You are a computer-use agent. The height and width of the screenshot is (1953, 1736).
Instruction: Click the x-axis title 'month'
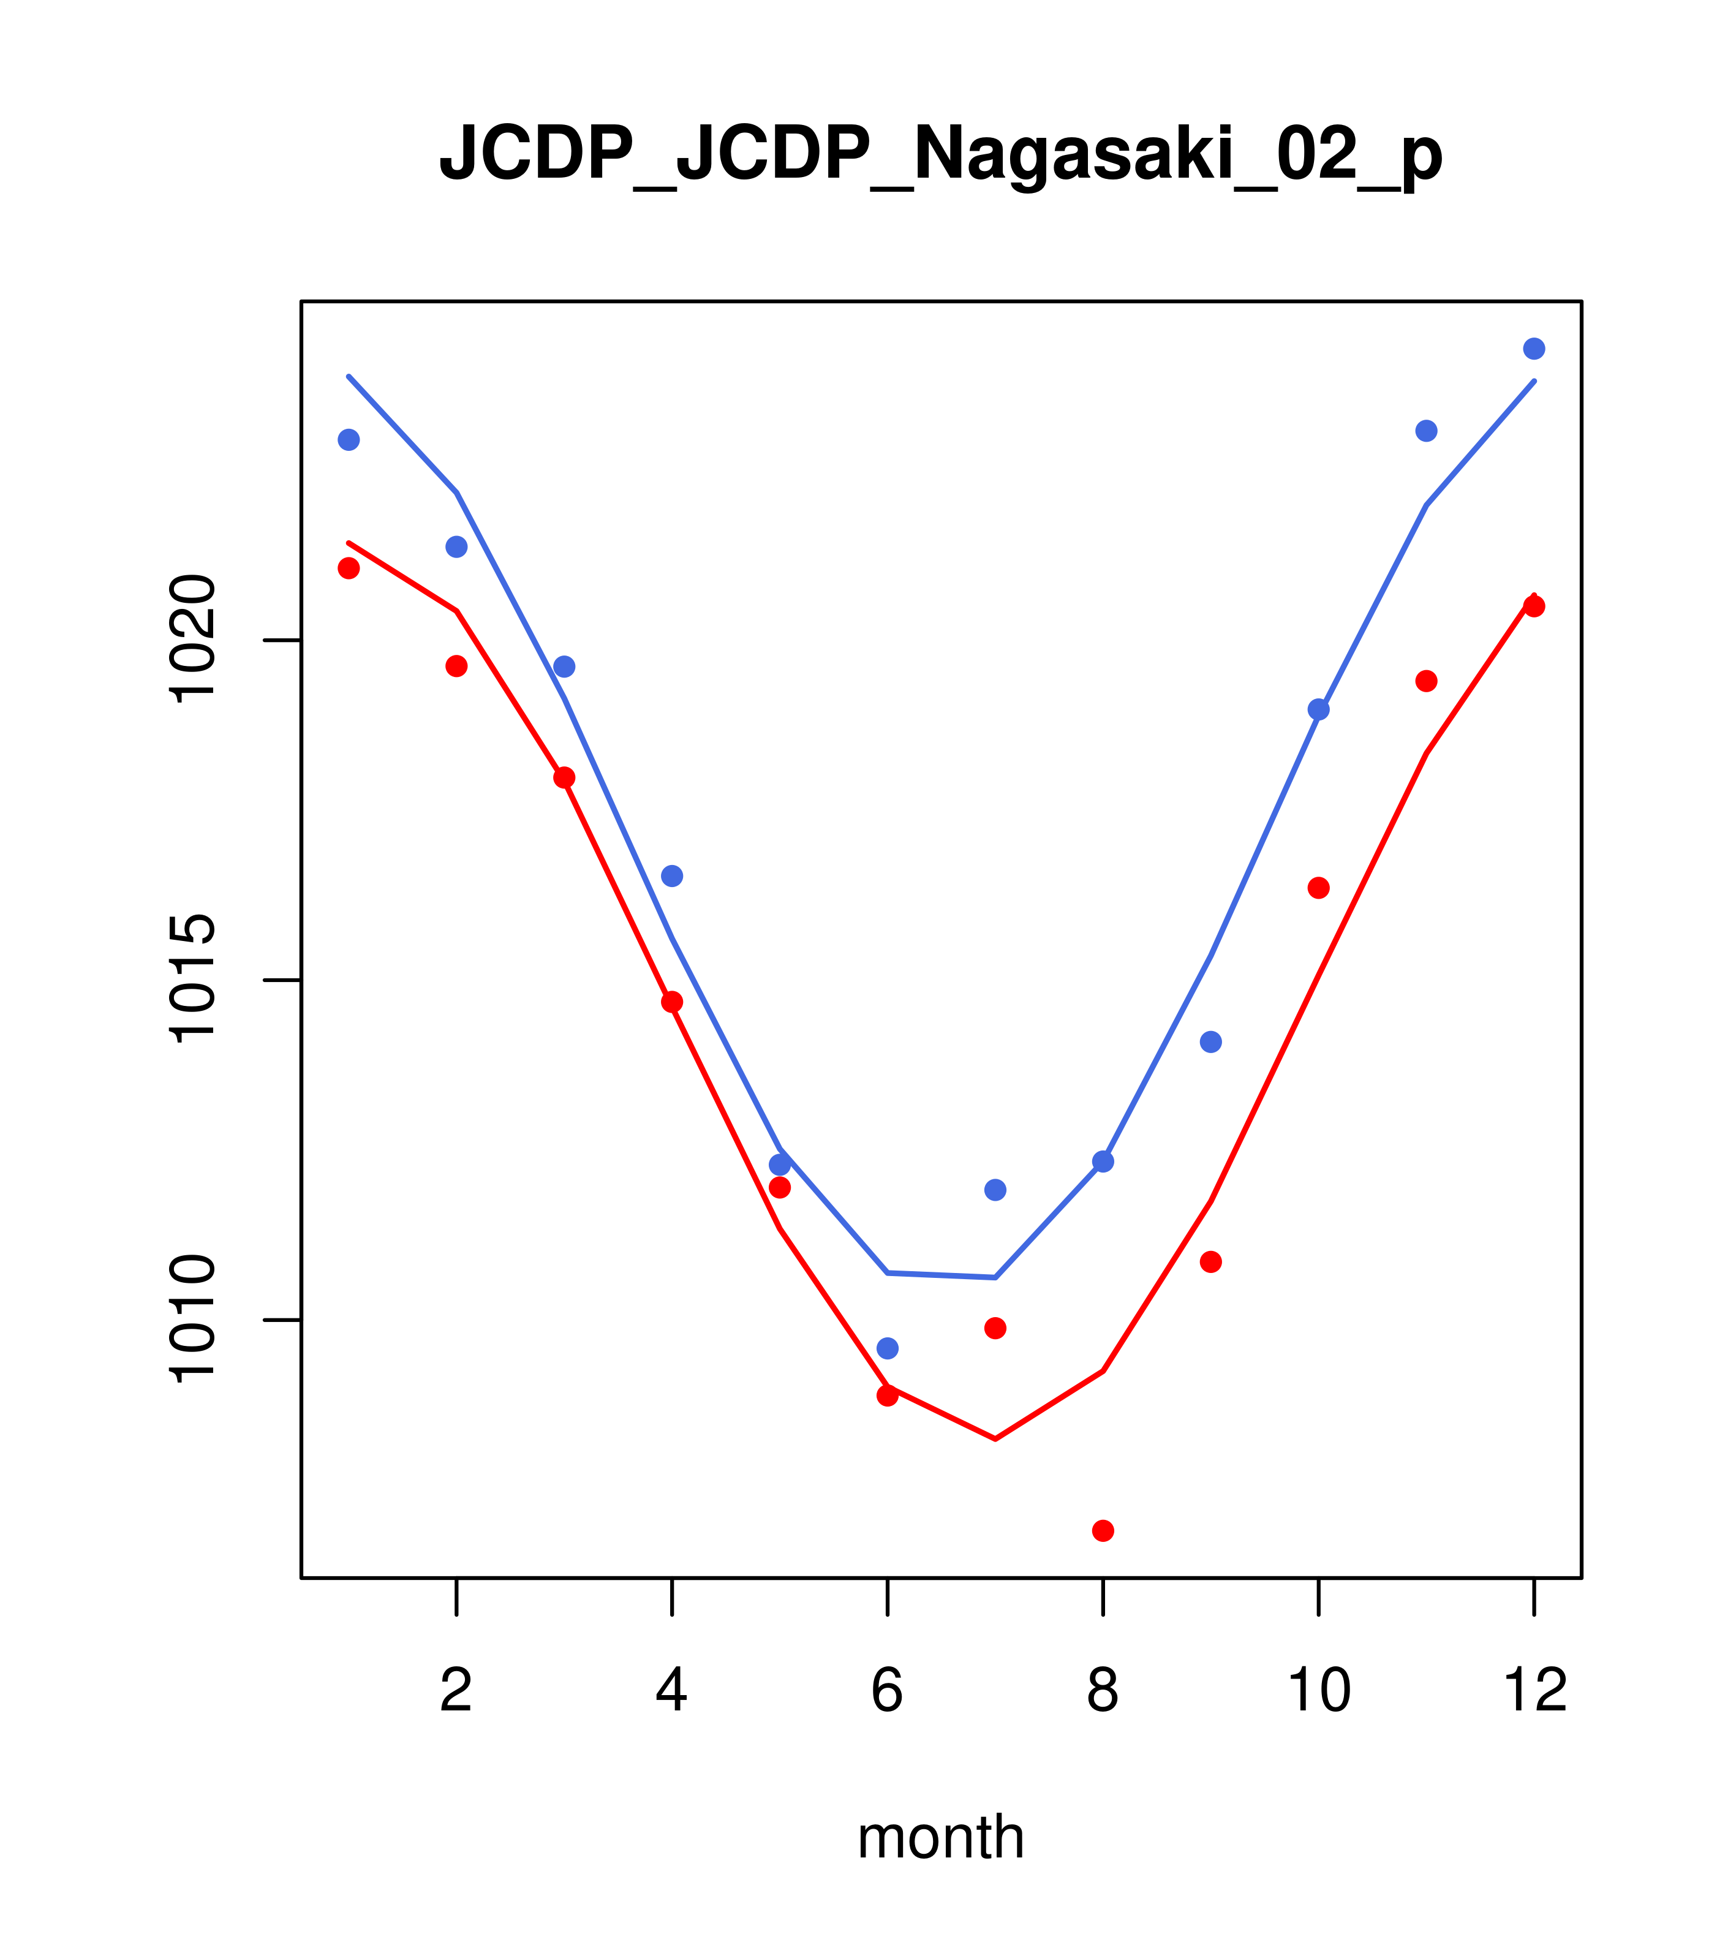tap(940, 1837)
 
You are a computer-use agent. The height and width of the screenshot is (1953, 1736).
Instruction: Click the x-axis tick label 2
tap(457, 1691)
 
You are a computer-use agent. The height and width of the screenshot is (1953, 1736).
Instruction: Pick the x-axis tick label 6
tap(888, 1691)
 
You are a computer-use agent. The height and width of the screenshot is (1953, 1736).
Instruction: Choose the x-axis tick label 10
tap(1318, 1691)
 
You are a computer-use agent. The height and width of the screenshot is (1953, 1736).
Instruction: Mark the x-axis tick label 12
tap(1534, 1691)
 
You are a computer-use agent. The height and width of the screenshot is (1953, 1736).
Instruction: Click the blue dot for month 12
tap(1534, 349)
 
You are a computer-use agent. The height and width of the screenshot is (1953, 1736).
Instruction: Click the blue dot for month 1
tap(349, 439)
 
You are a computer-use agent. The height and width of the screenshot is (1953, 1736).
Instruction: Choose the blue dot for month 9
tap(1210, 1041)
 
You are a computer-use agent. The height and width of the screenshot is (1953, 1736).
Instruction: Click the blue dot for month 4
tap(673, 876)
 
